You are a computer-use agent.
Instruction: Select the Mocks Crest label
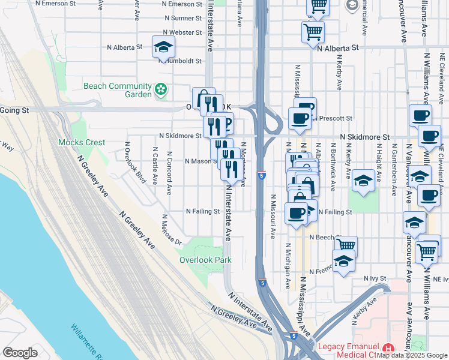coord(82,143)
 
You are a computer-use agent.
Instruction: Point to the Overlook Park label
coord(205,260)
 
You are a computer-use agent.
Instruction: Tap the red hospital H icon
coord(388,347)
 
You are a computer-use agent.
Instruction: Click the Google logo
coord(20,353)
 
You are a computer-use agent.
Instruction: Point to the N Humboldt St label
coord(180,61)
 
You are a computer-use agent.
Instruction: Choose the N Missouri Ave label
coord(273,217)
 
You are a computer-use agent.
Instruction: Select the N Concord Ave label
coord(169,169)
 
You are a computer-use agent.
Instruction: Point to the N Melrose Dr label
coord(170,230)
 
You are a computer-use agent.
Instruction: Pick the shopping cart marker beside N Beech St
coord(346,245)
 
